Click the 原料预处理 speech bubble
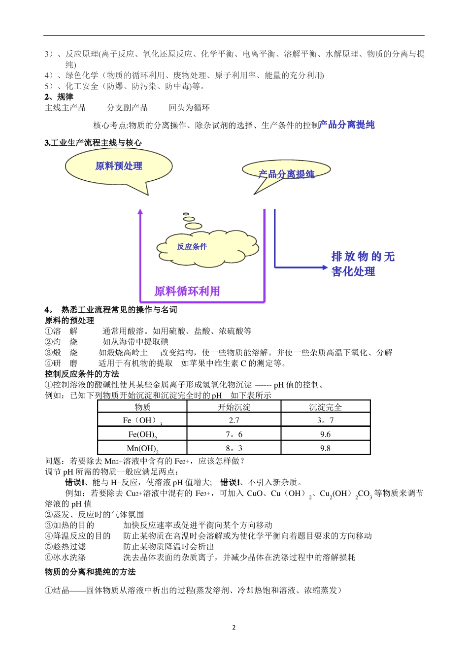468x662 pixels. click(x=119, y=166)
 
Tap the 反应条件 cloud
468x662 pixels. click(x=192, y=247)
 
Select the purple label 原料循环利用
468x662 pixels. click(x=187, y=292)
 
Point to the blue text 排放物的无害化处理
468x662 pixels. click(x=363, y=264)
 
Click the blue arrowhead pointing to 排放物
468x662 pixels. click(x=323, y=267)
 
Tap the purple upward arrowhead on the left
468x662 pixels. click(x=140, y=212)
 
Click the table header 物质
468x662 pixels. click(x=142, y=407)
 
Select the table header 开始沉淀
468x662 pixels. click(x=234, y=407)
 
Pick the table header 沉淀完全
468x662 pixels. click(x=325, y=407)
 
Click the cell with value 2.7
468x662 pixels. click(x=234, y=420)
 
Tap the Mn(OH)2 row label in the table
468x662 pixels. click(x=142, y=448)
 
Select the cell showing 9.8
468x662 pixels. click(x=325, y=448)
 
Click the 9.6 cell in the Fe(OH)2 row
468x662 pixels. click(x=325, y=434)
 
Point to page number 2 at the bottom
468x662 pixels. click(x=234, y=628)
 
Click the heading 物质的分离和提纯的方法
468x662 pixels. click(x=90, y=572)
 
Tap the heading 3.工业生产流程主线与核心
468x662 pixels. click(x=93, y=143)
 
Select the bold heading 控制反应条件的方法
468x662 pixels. click(x=82, y=374)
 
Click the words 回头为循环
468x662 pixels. click(x=189, y=107)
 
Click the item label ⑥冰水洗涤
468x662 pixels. click(x=66, y=558)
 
